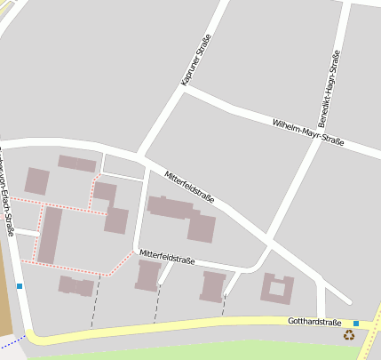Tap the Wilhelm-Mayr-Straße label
307,131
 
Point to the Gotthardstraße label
314,322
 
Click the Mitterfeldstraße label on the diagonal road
189,186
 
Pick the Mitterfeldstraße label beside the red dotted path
166,259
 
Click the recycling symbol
349,335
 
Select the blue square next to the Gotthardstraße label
356,324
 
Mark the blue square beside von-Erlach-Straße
20,286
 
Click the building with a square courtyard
276,288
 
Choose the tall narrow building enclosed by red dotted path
49,235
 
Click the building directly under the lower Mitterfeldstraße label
147,276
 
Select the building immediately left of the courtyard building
213,286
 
